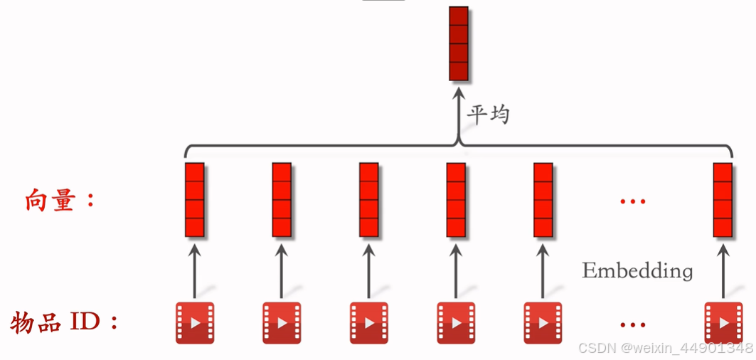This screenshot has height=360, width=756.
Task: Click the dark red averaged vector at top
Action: tap(459, 43)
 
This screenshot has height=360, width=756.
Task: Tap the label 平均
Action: tap(488, 114)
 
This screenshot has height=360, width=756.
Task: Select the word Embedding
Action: tap(637, 270)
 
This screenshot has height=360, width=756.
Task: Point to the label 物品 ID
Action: tap(64, 322)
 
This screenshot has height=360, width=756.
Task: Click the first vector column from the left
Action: tap(195, 200)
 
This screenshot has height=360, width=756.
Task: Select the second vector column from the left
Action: tap(282, 200)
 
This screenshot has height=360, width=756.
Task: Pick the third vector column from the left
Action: tap(368, 200)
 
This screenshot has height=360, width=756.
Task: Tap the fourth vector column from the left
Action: tap(456, 200)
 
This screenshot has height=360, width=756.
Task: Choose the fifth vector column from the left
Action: tap(543, 200)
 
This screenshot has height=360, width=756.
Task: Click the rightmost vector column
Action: tap(723, 200)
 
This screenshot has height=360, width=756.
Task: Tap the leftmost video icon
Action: tap(195, 322)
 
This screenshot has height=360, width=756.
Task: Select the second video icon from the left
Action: tap(282, 322)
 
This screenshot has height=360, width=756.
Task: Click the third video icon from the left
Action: tap(368, 322)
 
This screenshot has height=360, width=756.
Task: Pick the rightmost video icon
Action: tap(723, 322)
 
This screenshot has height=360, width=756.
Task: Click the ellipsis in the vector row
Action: tap(632, 202)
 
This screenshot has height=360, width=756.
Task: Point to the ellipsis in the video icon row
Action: tap(632, 325)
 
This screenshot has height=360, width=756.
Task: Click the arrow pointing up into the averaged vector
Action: tap(459, 107)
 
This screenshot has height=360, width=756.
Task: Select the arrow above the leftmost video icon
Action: tap(195, 270)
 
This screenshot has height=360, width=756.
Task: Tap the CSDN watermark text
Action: tap(665, 348)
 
